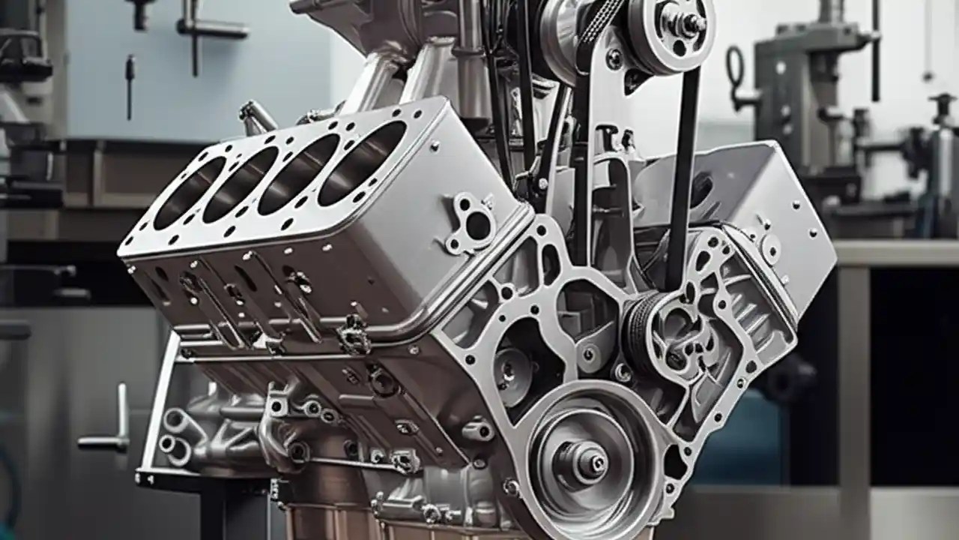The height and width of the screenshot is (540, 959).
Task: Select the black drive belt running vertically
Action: pyautogui.click(x=683, y=172)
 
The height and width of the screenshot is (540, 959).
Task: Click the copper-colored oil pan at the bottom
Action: pyautogui.click(x=330, y=521)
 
